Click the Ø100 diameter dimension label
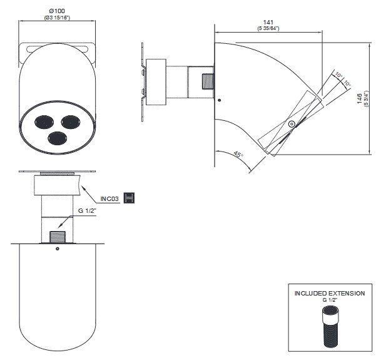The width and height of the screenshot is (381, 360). [x=57, y=11]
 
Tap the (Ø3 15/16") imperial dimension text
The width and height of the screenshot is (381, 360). [x=57, y=18]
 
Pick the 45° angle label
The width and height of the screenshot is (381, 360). [x=238, y=154]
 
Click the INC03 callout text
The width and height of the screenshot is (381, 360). [x=110, y=198]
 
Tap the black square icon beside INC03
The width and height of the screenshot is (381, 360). [x=130, y=198]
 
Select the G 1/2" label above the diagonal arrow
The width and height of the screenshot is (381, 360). [x=88, y=211]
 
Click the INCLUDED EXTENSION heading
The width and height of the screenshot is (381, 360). [x=330, y=293]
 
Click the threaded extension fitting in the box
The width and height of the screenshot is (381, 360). [x=330, y=326]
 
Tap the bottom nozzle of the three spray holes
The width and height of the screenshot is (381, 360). [x=58, y=137]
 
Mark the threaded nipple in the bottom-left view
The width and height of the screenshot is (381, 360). [x=57, y=237]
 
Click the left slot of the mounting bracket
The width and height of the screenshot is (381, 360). [x=29, y=49]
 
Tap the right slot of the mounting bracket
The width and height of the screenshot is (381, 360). [x=86, y=49]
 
